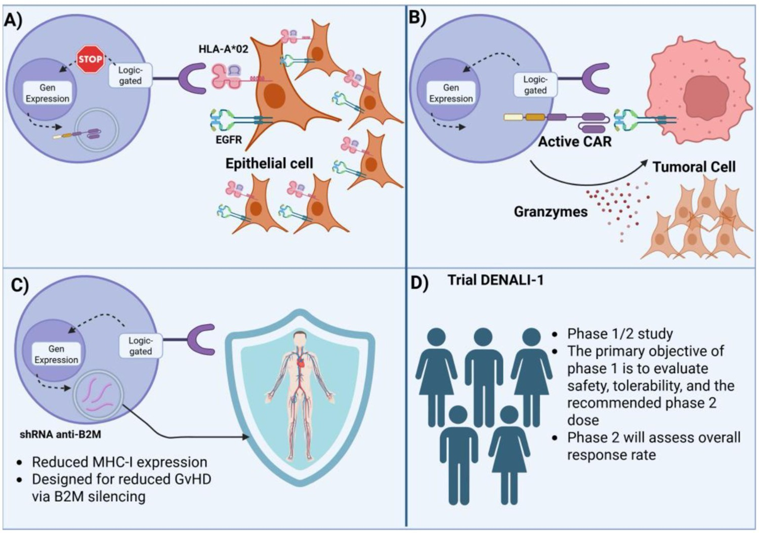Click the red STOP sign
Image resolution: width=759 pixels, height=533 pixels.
pos(90,59)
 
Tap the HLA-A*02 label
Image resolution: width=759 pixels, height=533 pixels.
pos(223,49)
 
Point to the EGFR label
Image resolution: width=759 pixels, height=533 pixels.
pos(229,139)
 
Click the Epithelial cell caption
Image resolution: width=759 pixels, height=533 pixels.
pos(269,163)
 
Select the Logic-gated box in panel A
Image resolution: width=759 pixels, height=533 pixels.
pos(130,75)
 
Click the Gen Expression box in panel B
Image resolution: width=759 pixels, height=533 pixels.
pos(451,93)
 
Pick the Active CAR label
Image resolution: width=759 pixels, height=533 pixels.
pos(575,141)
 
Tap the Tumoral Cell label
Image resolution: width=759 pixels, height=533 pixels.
pos(694,166)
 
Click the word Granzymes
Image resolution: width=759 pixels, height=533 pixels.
pos(551,212)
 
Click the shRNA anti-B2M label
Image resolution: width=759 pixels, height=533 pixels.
pos(60,434)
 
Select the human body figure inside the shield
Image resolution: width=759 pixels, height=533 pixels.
pos(300,395)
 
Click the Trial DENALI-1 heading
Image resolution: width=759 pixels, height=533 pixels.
pos(496,280)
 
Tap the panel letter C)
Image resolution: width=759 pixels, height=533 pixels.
pos(20,285)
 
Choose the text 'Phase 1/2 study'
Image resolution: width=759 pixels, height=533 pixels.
pos(620,334)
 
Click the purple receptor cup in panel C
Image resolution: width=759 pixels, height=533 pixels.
pos(202,339)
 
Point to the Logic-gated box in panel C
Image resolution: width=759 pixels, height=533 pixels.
pos(140,346)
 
